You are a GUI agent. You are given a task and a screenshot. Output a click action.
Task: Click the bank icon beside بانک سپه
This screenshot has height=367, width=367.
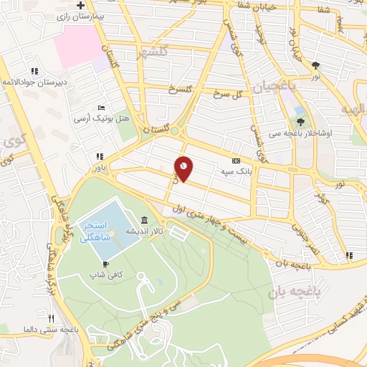click(x=235, y=163)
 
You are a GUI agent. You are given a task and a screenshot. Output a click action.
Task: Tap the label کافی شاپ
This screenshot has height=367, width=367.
click(x=103, y=274)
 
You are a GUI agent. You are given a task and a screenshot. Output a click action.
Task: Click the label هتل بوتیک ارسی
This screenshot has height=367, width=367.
click(x=102, y=116)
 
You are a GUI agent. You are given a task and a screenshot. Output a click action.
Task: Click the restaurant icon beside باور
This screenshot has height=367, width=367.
click(x=99, y=156)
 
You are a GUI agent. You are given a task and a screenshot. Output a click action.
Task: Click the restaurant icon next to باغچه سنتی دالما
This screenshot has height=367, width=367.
click(x=51, y=318)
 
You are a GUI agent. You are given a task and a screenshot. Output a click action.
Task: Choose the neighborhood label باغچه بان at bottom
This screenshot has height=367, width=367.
click(x=293, y=293)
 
